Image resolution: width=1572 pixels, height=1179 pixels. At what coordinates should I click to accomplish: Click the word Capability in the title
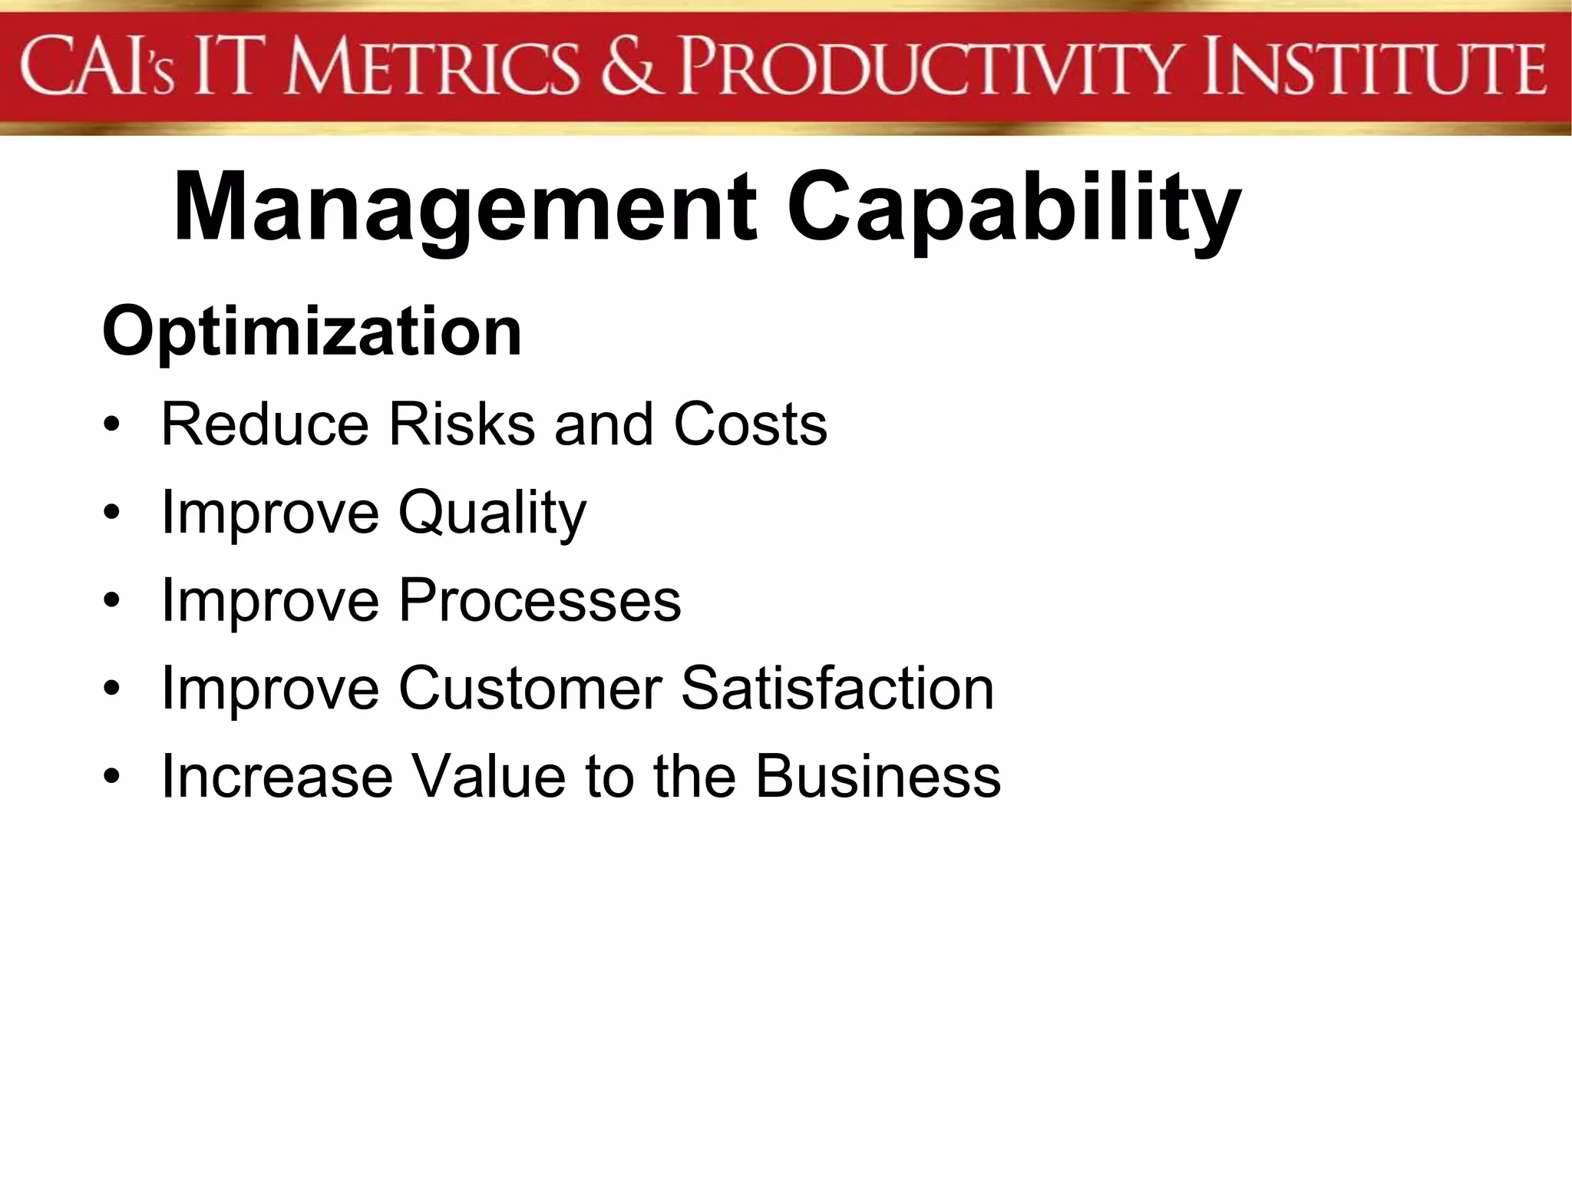coord(1013,209)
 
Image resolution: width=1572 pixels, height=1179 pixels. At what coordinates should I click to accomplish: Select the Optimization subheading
coord(312,332)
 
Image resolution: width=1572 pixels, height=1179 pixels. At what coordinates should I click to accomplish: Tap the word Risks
coord(461,424)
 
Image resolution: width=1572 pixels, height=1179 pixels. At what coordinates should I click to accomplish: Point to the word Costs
coord(750,424)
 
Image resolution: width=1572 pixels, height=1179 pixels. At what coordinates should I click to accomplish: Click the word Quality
coord(492,513)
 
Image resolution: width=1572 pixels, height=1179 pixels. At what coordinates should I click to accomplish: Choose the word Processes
coord(540,600)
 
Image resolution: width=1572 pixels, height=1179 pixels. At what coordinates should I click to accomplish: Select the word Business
coord(878,776)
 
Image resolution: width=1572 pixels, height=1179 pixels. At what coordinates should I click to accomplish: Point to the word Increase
coord(277,776)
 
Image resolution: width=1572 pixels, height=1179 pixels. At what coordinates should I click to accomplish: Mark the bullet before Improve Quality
coord(113,513)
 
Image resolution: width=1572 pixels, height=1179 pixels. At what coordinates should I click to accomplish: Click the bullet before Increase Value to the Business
coord(113,777)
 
